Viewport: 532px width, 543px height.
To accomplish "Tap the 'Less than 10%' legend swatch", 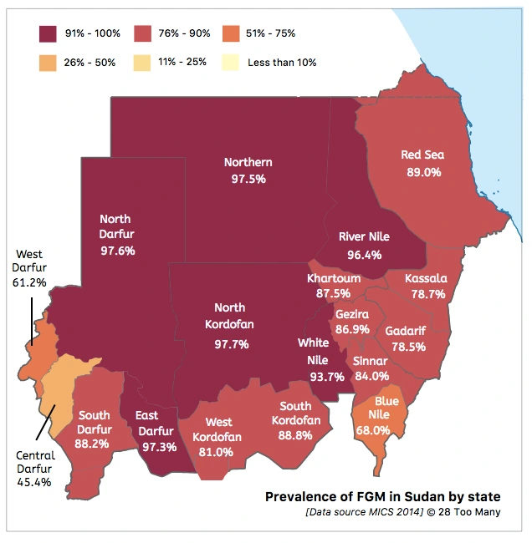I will tap(228, 62).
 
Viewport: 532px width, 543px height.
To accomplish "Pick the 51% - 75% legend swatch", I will tap(228, 33).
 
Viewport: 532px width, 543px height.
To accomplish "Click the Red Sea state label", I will tap(422, 155).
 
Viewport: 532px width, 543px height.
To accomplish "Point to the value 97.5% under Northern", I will tap(248, 179).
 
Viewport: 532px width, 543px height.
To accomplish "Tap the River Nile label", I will tap(365, 237).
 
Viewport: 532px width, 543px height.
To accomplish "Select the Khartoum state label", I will tap(334, 278).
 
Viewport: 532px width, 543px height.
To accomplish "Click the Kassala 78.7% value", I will tap(426, 294).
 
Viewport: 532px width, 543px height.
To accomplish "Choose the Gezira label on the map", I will tap(353, 313).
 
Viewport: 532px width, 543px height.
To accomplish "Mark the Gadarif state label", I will tap(406, 331).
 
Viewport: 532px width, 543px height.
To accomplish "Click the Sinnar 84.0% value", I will tap(371, 376).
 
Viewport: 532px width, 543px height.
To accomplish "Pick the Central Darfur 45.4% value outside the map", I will tap(35, 482).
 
